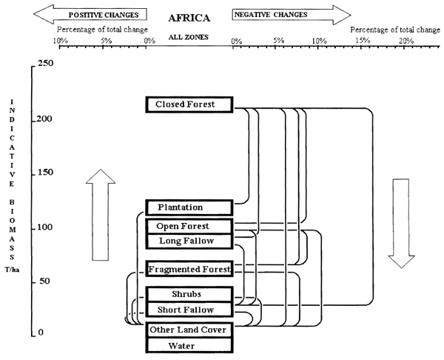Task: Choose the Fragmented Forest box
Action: tap(189, 268)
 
